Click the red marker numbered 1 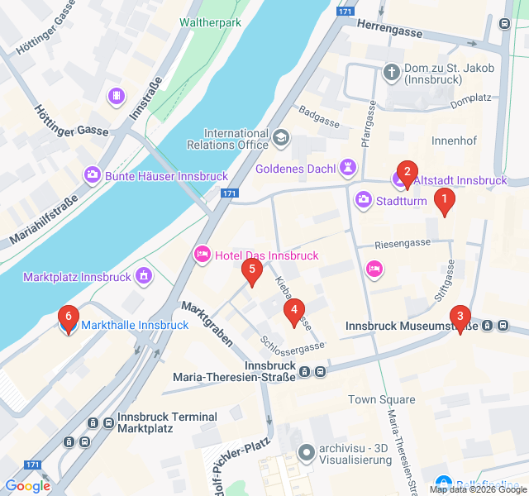click(445, 201)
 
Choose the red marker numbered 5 click(251, 270)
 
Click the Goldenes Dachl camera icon click(348, 169)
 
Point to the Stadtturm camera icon click(363, 200)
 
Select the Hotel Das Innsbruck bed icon click(201, 255)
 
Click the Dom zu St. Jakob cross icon click(391, 74)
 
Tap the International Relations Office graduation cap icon click(281, 138)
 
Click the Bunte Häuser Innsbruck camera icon click(92, 175)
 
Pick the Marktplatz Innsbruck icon click(145, 275)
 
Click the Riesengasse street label click(403, 243)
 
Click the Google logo click(27, 486)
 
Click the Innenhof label click(454, 141)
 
